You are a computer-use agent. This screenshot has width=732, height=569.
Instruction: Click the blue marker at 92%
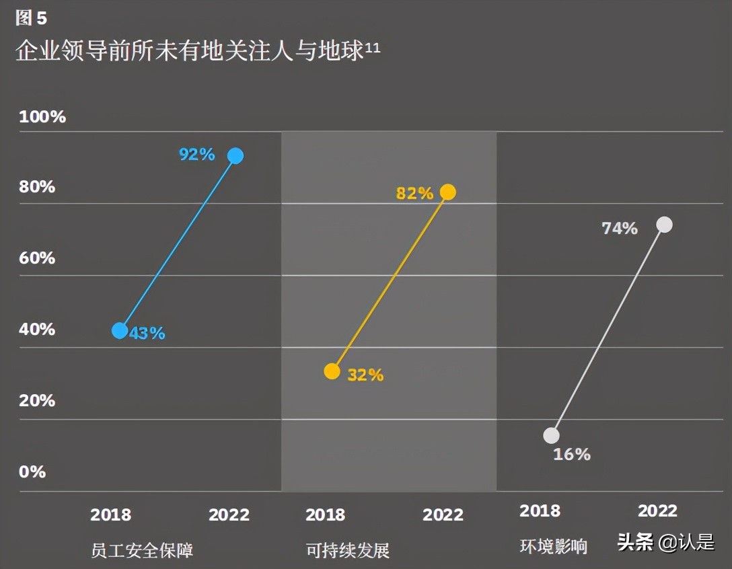235,156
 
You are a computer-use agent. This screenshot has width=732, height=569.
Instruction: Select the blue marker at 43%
120,330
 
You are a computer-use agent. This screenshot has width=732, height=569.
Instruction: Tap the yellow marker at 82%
447,192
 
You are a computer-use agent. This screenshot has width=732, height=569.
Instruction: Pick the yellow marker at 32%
332,371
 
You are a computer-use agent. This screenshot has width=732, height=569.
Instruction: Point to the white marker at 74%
664,225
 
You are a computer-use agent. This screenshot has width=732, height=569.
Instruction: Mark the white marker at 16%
551,436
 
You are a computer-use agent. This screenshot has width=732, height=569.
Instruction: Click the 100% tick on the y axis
42,117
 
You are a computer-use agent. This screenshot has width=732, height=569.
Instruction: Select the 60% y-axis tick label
37,258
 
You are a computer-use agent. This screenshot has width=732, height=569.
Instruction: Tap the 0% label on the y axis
32,471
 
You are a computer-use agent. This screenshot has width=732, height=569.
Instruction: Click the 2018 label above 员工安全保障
110,515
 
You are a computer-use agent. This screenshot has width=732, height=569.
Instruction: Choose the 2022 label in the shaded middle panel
443,515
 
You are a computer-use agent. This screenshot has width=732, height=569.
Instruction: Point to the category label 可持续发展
348,550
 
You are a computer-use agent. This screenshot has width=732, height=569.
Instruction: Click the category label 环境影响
553,546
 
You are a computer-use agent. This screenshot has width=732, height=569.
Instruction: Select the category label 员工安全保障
142,550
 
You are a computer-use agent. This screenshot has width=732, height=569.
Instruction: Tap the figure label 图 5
31,19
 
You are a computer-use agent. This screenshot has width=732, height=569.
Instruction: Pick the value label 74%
619,229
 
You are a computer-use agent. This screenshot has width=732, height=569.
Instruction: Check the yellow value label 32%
365,375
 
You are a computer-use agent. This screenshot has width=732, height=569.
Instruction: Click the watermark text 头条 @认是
666,543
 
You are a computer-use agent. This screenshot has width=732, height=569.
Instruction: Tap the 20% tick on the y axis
37,400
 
